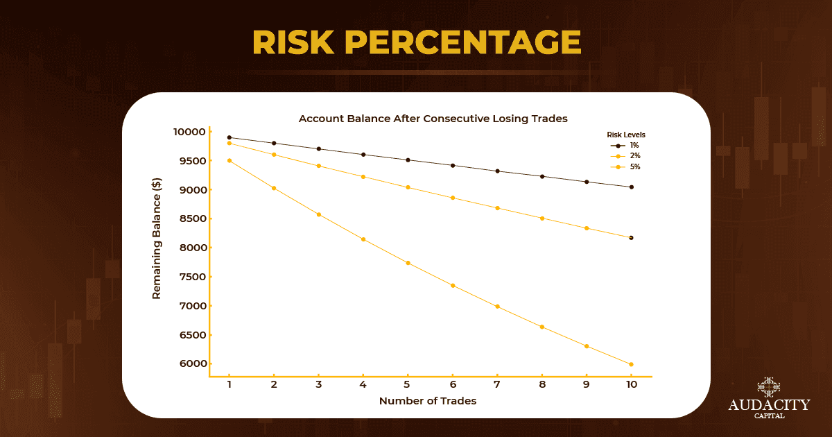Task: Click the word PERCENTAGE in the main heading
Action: pos(462,43)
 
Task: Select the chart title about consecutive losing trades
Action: pos(433,119)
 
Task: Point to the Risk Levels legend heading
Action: pos(627,135)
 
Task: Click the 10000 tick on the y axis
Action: pos(189,132)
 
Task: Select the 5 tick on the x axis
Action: pos(407,384)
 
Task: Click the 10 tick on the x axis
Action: pos(631,384)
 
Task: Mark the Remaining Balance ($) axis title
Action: pos(157,248)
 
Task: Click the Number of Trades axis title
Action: pos(428,401)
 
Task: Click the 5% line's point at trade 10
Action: pos(631,364)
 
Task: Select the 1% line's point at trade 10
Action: pos(631,187)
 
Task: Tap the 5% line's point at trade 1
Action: pos(229,160)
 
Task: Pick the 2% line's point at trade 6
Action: pos(452,198)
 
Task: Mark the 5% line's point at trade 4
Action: pos(363,239)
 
